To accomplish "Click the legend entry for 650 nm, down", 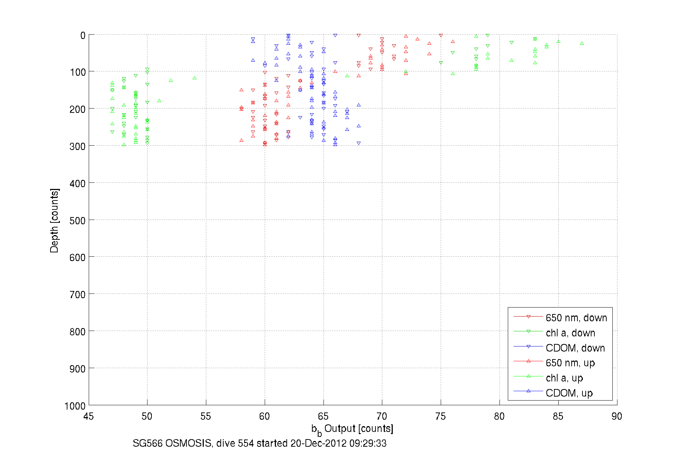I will (576, 318).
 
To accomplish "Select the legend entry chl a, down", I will (570, 333).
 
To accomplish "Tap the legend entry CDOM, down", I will (575, 348).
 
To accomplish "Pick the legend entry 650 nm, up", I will (570, 363).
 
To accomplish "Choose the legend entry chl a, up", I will (564, 378).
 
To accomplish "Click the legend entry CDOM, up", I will (569, 393).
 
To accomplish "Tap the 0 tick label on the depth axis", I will (83, 36).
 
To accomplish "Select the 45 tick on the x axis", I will (88, 416).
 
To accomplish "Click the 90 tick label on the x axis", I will (617, 416).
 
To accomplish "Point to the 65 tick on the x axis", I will (323, 416).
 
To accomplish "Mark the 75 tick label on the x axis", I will (440, 416).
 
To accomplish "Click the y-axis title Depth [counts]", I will (54, 220).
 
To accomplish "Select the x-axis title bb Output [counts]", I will (352, 429).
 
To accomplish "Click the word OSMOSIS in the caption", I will (188, 443).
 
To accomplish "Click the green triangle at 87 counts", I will (582, 43).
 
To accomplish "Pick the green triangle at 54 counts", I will (194, 78).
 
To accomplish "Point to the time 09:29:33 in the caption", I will (368, 443).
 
